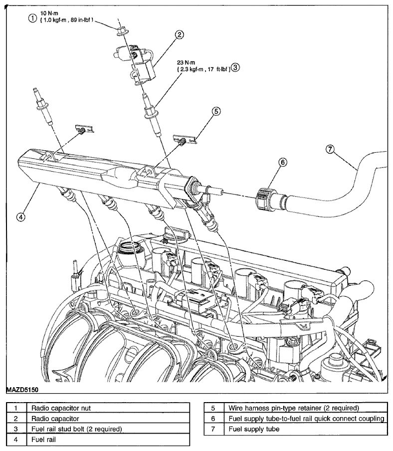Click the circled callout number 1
(x=32, y=18)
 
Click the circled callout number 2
(x=179, y=35)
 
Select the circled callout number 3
(x=235, y=67)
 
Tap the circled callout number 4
(x=20, y=217)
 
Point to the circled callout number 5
(x=216, y=111)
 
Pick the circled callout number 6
(x=283, y=163)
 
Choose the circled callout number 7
(x=330, y=149)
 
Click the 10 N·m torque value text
(x=49, y=13)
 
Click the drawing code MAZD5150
(x=22, y=390)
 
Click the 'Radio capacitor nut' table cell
(x=108, y=408)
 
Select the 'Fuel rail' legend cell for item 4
(x=108, y=440)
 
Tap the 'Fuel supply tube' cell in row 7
(x=306, y=429)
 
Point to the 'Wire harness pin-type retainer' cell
(x=306, y=408)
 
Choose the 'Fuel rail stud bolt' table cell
(x=108, y=429)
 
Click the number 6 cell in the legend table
(x=213, y=419)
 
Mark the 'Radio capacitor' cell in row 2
(x=108, y=419)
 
